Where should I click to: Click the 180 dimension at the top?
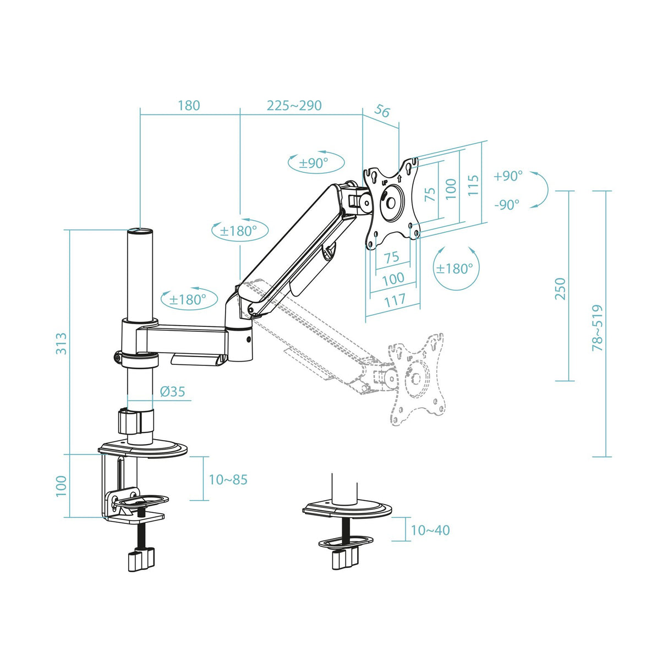(189, 105)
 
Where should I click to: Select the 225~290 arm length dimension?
(294, 105)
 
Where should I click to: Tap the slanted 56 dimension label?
(382, 111)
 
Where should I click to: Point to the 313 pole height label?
(61, 343)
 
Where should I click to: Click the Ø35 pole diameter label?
(172, 392)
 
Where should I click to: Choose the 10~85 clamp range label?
(228, 480)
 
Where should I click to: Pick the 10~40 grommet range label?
(430, 530)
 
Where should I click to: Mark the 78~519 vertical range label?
(597, 328)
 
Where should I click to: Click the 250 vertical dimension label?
(560, 289)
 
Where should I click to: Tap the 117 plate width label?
(395, 301)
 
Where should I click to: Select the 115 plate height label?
(473, 185)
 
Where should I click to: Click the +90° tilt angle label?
(507, 176)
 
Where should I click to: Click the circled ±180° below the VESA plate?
(455, 269)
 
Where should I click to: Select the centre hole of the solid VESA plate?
(391, 202)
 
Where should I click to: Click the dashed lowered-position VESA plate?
(416, 379)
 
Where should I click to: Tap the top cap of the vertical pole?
(140, 232)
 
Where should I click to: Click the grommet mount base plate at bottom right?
(347, 510)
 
